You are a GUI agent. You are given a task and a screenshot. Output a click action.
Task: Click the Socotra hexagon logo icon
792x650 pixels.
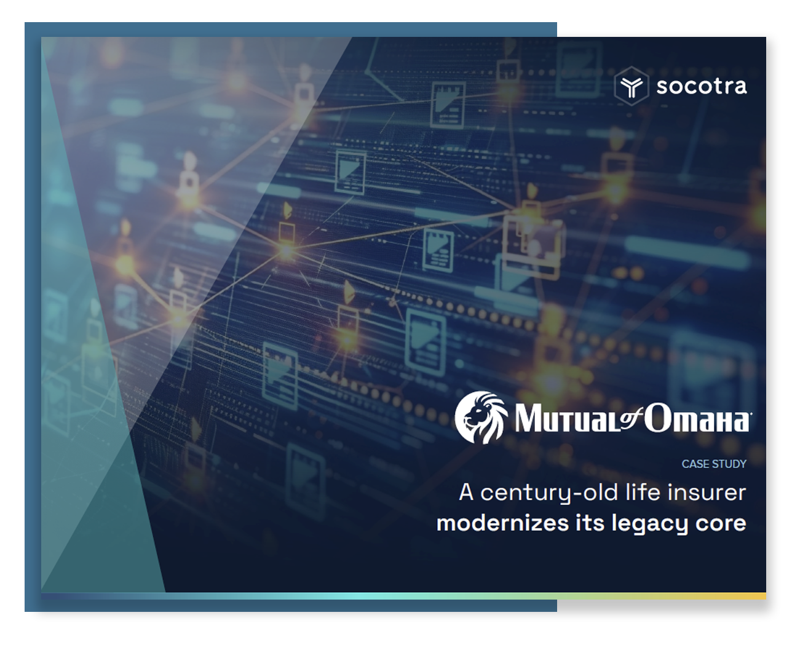(x=631, y=85)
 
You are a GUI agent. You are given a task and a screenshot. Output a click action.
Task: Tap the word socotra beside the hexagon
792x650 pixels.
(x=701, y=86)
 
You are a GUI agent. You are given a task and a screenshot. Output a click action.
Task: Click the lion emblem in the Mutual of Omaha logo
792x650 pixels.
(x=481, y=417)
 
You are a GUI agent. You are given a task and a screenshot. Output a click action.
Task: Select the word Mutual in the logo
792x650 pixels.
(x=567, y=418)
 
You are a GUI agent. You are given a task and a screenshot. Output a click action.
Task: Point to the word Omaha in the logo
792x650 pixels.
(x=697, y=418)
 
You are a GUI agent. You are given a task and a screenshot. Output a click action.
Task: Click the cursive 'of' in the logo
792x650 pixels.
(x=632, y=418)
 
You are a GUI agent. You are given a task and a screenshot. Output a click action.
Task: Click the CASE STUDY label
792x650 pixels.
(x=713, y=464)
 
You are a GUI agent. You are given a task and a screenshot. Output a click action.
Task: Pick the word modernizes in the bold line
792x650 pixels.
(x=502, y=523)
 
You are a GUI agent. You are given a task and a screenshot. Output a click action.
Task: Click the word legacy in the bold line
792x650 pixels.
(x=650, y=524)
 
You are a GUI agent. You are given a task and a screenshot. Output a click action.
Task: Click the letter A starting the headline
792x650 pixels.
(x=465, y=492)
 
